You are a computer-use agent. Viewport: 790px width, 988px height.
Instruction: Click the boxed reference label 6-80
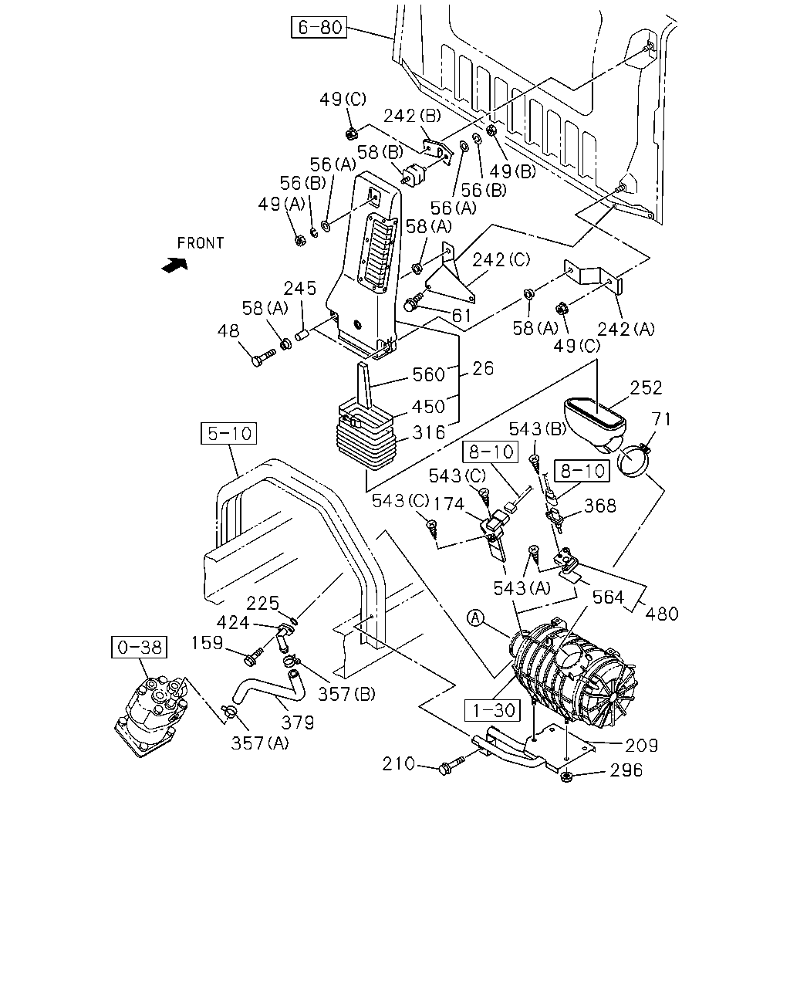pos(319,27)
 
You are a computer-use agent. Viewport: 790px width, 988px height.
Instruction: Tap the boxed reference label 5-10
pos(228,433)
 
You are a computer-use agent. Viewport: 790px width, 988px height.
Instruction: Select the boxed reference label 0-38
pos(139,648)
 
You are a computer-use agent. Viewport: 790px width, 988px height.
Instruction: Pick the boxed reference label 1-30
pos(492,710)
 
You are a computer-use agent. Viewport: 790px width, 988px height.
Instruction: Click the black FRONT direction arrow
pos(175,265)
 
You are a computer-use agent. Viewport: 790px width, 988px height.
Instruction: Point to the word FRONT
pos(201,243)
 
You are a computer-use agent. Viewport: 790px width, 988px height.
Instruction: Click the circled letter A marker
pos(475,618)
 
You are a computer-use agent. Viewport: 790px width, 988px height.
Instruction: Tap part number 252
pos(646,388)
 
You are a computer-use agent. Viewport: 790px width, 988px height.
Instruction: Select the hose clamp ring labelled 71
pos(635,462)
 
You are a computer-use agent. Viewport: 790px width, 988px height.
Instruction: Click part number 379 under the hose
pos(298,722)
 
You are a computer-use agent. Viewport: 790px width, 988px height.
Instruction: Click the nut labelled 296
pos(567,777)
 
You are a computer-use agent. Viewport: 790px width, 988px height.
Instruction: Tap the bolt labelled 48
pos(262,357)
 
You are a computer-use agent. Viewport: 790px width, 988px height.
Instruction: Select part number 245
pos(300,289)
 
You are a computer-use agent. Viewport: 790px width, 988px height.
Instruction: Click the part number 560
pos(429,374)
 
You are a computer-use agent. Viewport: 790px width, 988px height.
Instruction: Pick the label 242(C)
pos(501,260)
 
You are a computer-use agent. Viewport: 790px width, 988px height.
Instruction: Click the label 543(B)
pos(537,429)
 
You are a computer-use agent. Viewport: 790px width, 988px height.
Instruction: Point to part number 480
pos(661,614)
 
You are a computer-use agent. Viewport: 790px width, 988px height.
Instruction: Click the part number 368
pos(600,506)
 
